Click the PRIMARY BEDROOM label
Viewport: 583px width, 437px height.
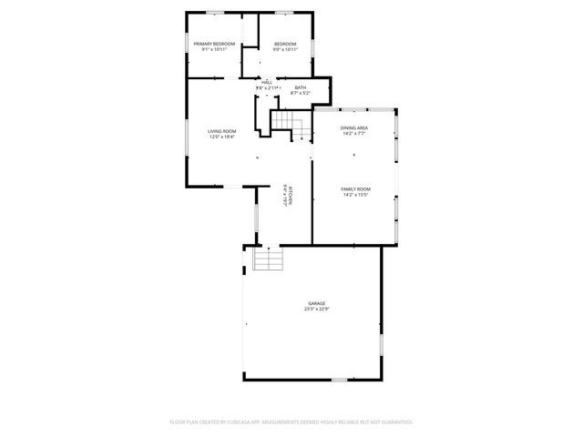pos(214,44)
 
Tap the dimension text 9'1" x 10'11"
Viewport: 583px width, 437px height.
pos(214,49)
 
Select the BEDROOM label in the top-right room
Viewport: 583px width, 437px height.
pos(285,44)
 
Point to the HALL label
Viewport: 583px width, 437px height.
pos(267,82)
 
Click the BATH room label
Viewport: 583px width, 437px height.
pos(301,87)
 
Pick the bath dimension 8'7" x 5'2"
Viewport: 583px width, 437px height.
pos(301,93)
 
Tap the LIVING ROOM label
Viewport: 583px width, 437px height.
pos(222,131)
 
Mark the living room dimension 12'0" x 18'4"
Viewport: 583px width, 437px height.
pos(222,137)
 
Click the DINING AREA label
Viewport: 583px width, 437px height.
pos(354,127)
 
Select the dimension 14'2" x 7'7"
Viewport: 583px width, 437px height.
pos(354,133)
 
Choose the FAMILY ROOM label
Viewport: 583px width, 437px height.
pos(355,188)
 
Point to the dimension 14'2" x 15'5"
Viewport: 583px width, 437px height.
pos(355,194)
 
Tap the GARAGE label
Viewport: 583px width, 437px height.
pos(316,303)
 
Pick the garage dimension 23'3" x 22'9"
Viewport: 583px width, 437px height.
pos(316,309)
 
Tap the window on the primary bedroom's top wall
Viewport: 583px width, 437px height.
pos(215,12)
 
